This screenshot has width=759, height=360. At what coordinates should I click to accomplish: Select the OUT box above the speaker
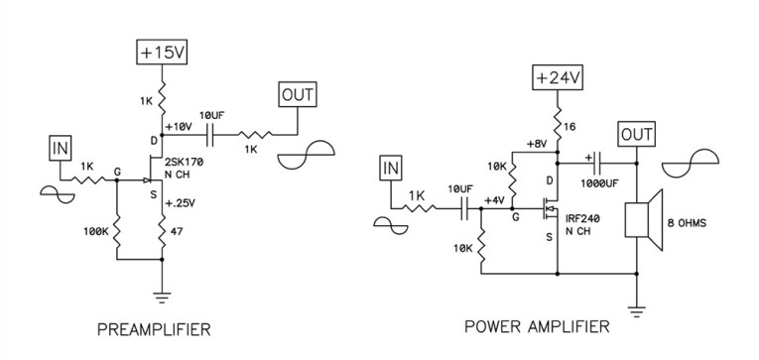point(636,133)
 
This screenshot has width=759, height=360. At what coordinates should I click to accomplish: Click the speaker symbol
point(637,220)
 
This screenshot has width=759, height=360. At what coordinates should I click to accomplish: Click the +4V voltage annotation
point(493,199)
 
